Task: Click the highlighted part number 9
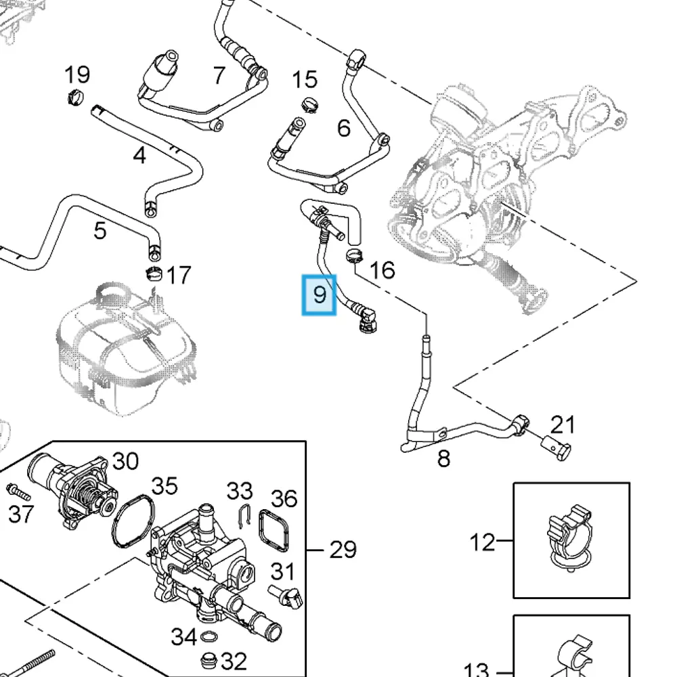click(x=319, y=295)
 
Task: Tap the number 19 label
click(x=77, y=74)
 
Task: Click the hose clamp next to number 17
click(x=154, y=273)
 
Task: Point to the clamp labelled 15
click(x=309, y=104)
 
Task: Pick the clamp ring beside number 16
click(x=354, y=255)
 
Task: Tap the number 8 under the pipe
click(x=443, y=458)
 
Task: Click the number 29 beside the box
click(x=343, y=550)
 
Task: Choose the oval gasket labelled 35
click(x=133, y=521)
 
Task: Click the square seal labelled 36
click(x=274, y=530)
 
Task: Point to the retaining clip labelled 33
click(x=244, y=515)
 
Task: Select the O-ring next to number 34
click(x=209, y=636)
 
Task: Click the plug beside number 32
click(x=209, y=659)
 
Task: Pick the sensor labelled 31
click(x=286, y=596)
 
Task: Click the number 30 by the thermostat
click(x=125, y=461)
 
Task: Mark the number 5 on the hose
click(x=100, y=231)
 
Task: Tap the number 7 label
click(x=219, y=75)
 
